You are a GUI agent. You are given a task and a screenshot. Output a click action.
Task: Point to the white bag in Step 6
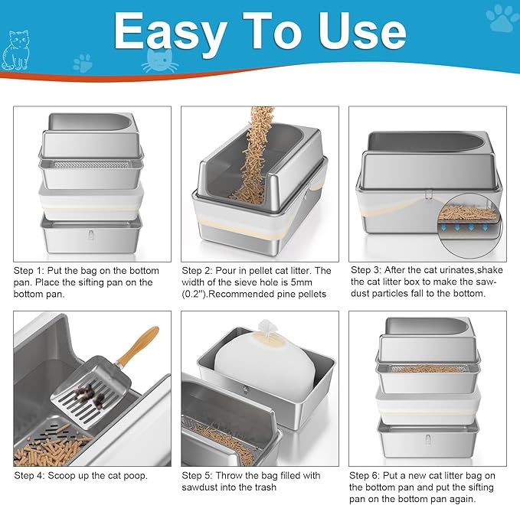click(428, 399)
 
